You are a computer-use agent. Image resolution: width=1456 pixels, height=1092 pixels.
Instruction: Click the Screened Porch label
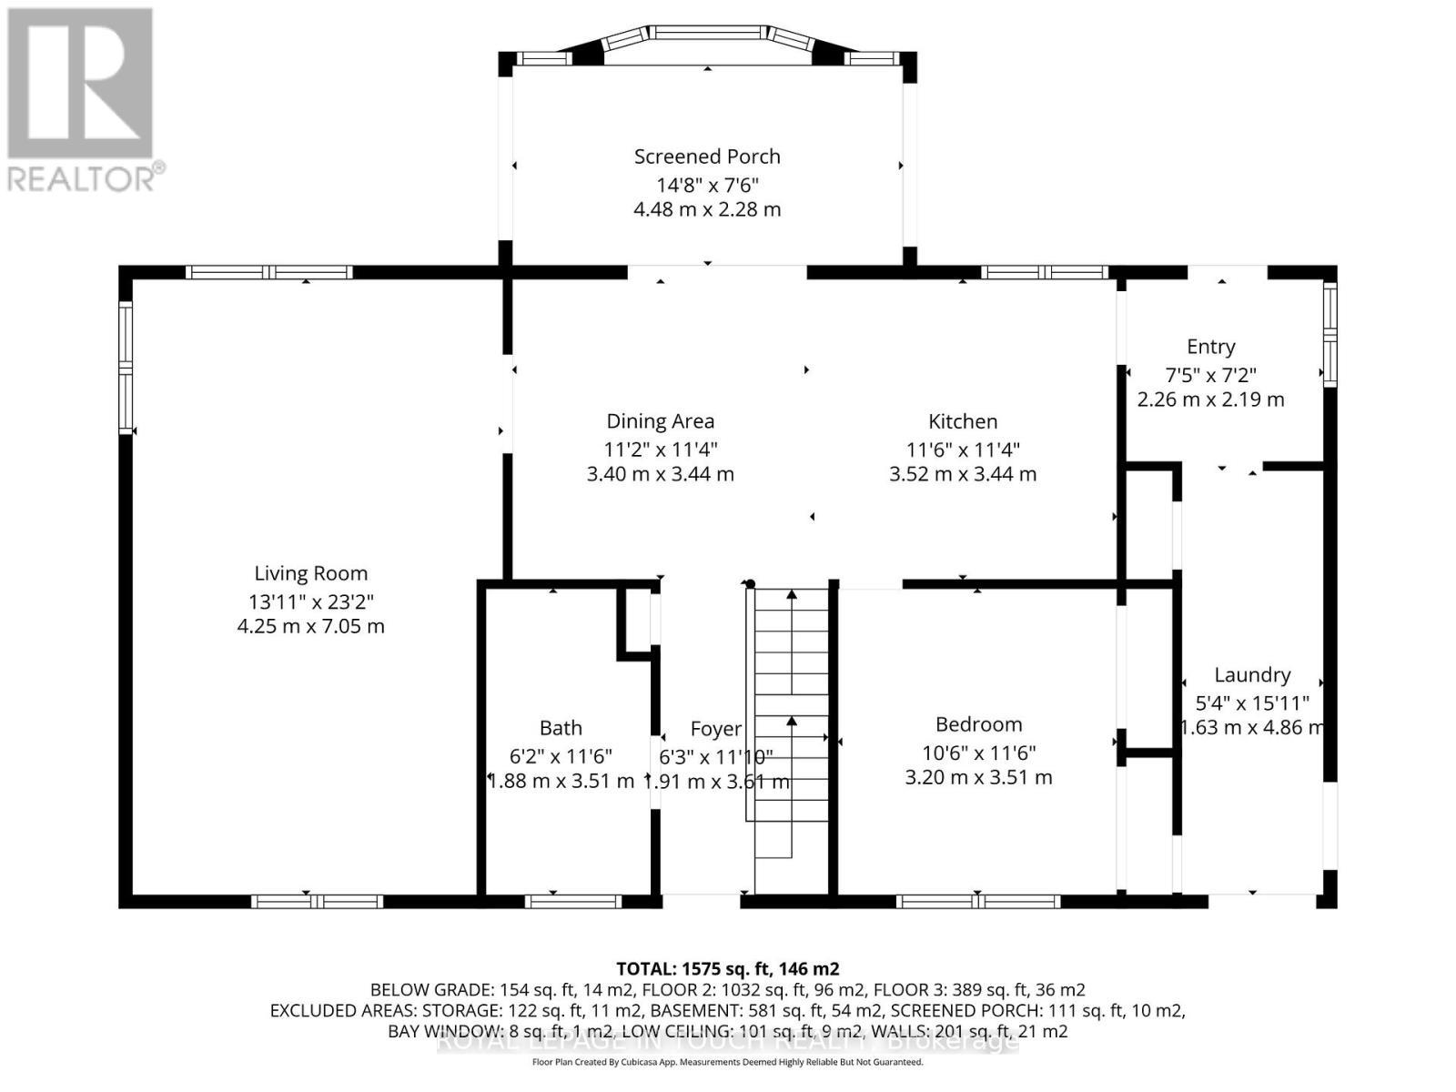pos(707,157)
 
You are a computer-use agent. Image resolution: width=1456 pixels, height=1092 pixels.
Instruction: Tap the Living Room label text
pos(311,573)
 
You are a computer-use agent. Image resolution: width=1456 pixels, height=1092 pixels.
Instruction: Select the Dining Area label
pos(660,421)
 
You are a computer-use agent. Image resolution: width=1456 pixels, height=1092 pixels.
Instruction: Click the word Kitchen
pos(963,421)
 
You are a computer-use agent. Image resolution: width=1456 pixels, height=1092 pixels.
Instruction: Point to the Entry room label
pos(1210,347)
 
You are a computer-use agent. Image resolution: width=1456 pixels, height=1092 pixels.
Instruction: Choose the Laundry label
pos(1252,675)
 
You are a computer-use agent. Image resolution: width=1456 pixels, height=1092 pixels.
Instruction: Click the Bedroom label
pos(978,724)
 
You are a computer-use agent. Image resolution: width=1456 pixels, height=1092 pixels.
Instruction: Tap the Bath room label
pos(561,728)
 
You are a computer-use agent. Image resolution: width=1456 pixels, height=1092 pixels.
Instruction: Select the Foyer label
pos(715,729)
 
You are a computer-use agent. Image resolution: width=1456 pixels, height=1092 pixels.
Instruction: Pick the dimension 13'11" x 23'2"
pos(311,602)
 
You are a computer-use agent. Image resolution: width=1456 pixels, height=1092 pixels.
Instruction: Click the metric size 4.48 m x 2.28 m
pos(707,209)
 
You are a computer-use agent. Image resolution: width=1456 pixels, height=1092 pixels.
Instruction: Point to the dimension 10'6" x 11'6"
pos(978,753)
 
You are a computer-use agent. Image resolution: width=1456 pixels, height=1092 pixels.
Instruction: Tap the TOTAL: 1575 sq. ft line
pos(727,968)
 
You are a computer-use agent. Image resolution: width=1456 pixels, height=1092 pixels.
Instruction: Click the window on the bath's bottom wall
pos(572,902)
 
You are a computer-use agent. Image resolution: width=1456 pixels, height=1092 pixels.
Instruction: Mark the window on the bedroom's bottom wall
pos(978,902)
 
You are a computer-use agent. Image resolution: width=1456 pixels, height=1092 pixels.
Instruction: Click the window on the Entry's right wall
pos(1330,333)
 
